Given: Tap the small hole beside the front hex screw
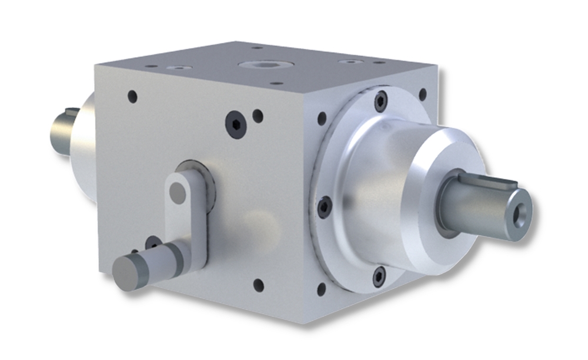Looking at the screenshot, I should click(258, 116).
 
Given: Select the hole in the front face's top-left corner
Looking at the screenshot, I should click(132, 96).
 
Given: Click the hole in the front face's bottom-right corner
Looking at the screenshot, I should click(258, 285).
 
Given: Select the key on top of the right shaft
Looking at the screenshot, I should click(488, 180).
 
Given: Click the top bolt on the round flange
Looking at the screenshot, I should click(380, 101).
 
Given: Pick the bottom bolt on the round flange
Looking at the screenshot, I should click(379, 276).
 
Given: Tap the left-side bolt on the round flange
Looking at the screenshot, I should click(325, 206).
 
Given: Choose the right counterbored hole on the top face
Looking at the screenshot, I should click(351, 61).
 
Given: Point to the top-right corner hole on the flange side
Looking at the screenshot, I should click(422, 94).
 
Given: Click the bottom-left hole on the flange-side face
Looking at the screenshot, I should click(321, 289).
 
